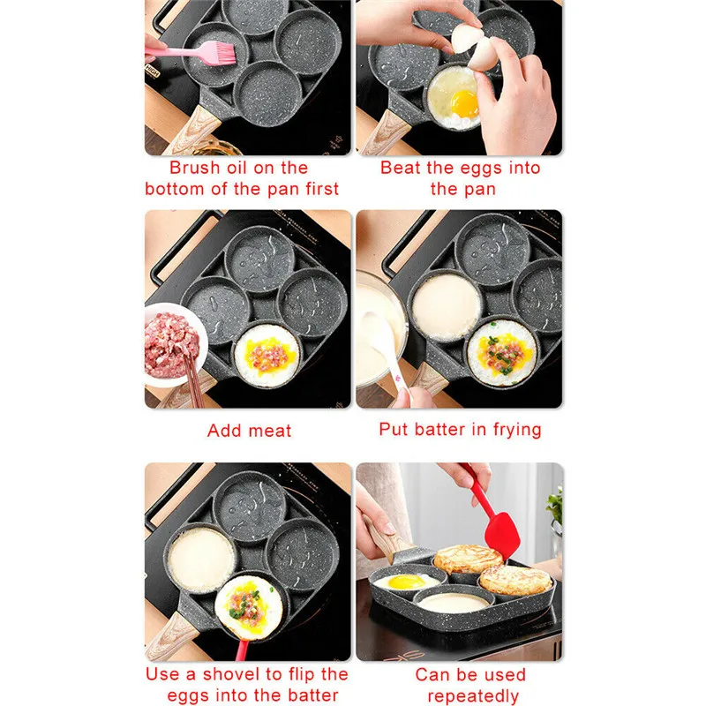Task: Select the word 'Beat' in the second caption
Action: (402, 168)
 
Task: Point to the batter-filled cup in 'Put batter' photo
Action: (446, 306)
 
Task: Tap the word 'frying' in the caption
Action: (512, 430)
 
